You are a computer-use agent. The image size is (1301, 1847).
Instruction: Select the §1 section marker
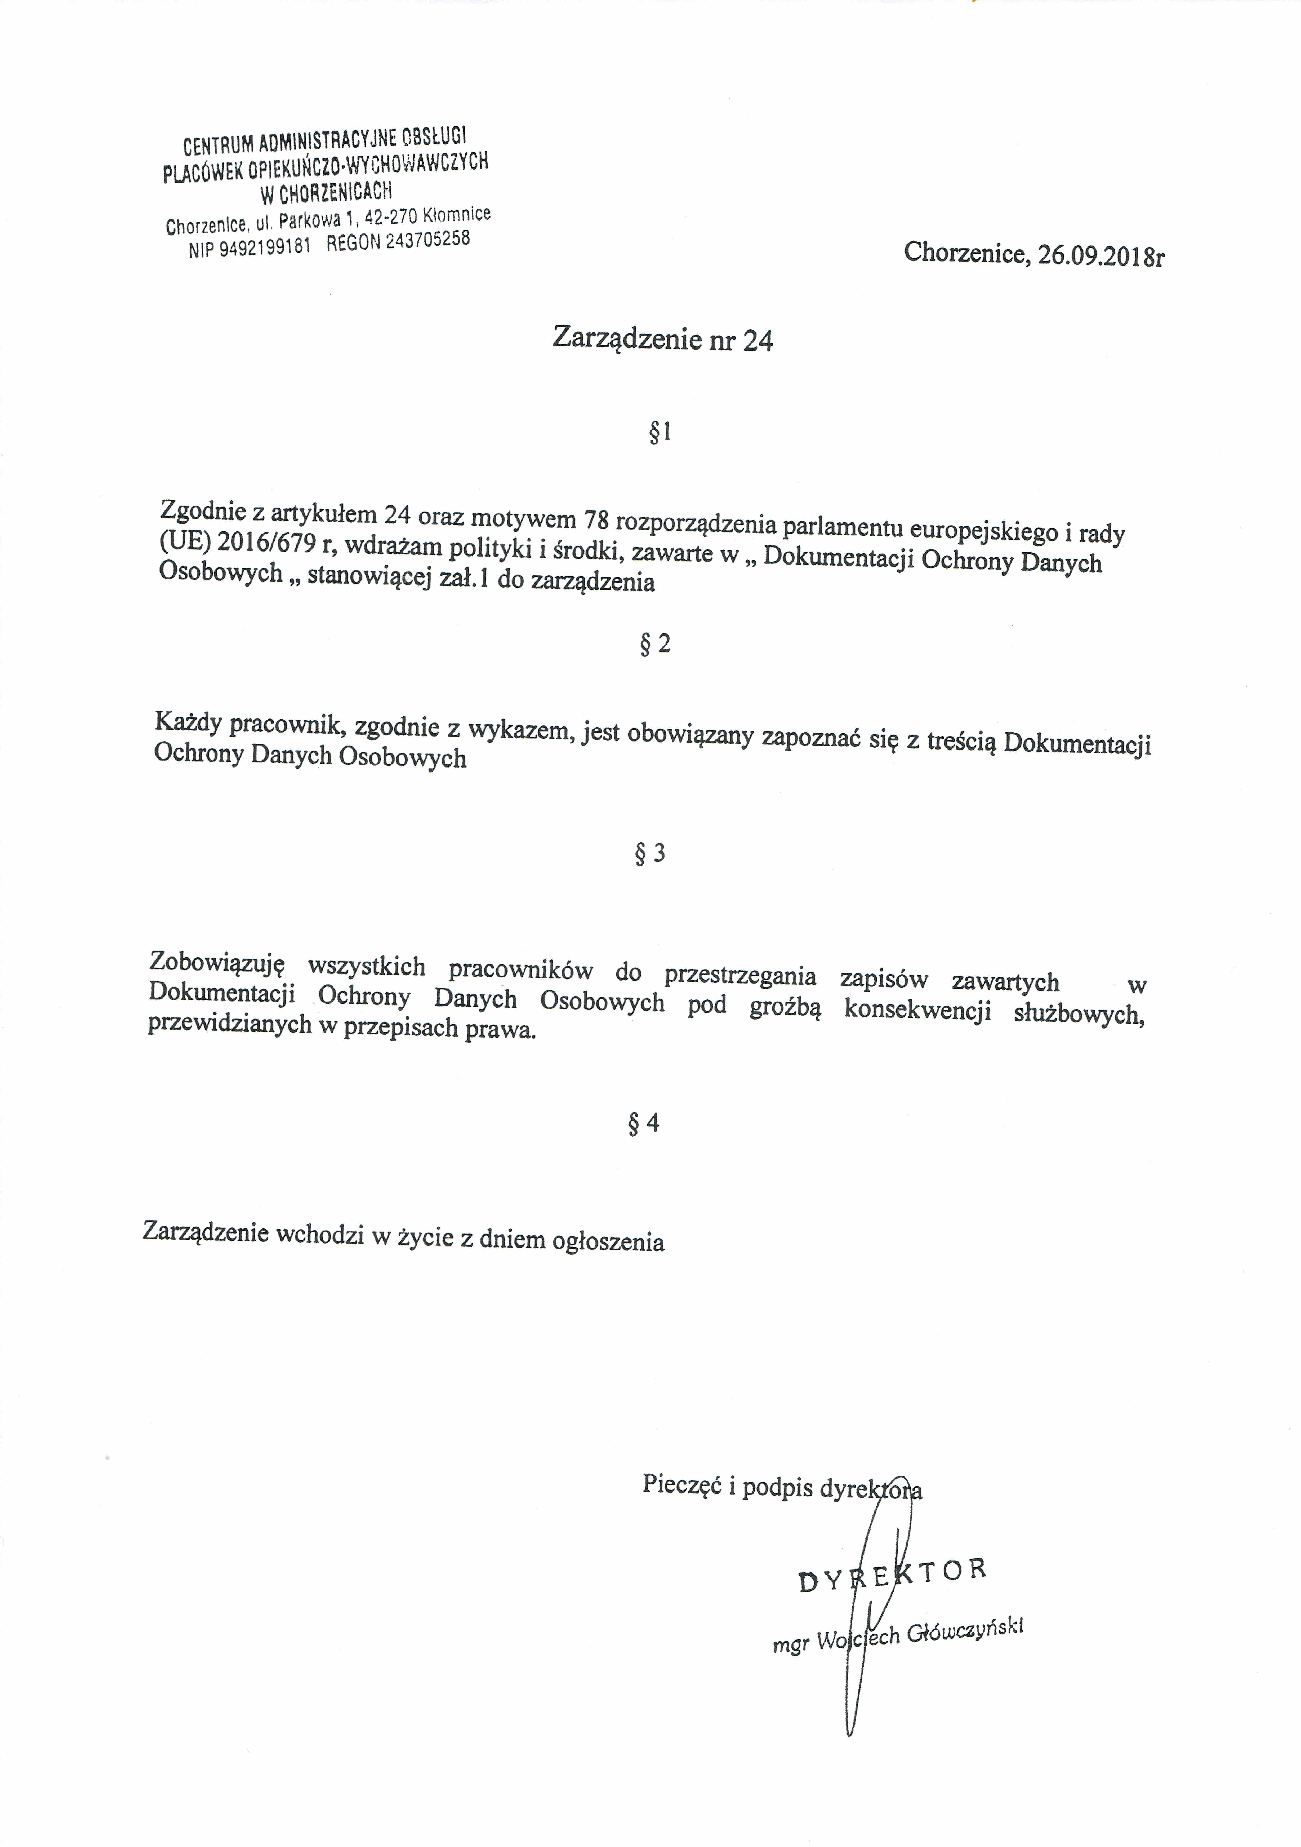coord(659,434)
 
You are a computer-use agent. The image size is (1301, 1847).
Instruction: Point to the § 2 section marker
coord(655,643)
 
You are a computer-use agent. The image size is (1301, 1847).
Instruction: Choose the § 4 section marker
coord(644,1122)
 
